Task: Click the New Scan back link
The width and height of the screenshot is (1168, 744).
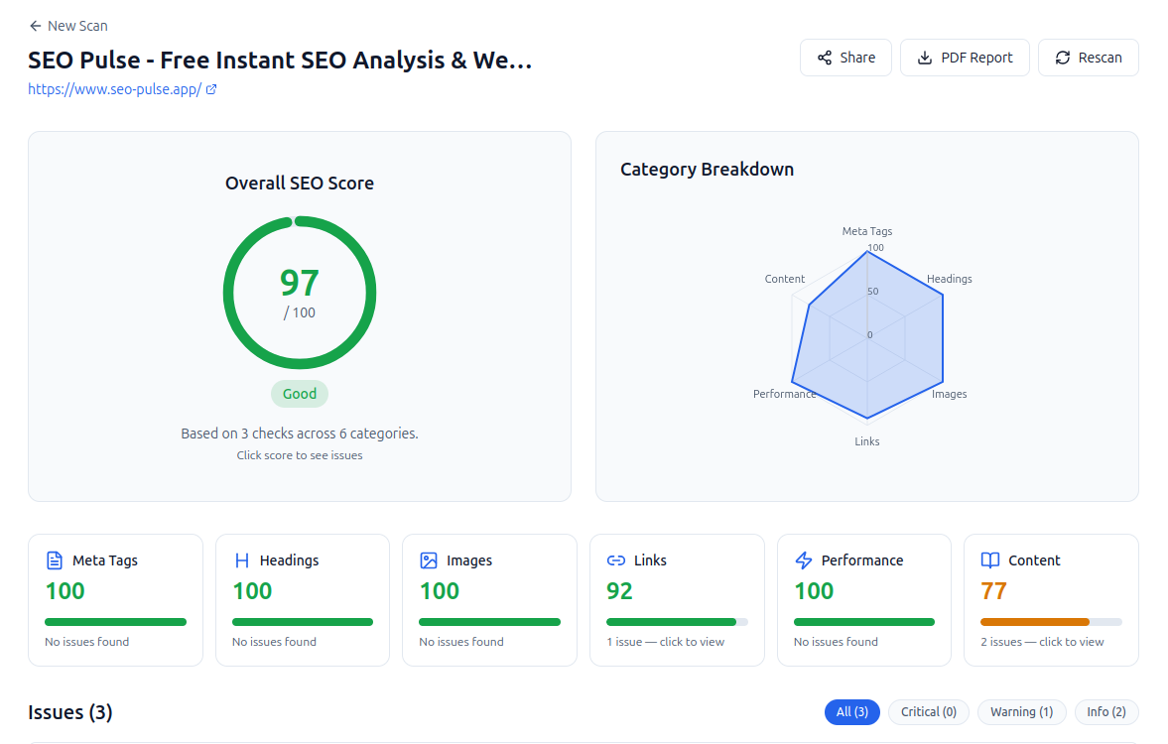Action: tap(68, 26)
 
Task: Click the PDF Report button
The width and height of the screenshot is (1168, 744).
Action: tap(965, 58)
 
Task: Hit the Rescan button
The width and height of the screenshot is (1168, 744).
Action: tap(1088, 58)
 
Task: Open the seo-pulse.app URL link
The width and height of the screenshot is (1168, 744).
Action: tap(115, 89)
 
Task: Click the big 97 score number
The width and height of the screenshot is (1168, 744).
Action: tap(300, 283)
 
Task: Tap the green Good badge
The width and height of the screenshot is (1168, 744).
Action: tap(300, 394)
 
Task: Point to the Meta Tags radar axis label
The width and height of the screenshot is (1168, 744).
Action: tap(867, 231)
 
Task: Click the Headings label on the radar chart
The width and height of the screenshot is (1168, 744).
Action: tap(950, 279)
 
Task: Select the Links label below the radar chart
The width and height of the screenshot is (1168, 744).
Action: tap(867, 441)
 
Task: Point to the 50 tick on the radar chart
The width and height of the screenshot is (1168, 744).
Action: tap(872, 292)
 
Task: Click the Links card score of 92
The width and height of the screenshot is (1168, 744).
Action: tap(619, 591)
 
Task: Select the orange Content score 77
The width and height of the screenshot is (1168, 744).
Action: tap(993, 591)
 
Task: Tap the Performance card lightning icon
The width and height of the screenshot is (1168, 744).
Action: tap(804, 560)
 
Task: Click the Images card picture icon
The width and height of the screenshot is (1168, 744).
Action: tap(429, 560)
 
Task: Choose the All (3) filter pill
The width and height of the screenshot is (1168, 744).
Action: tap(852, 712)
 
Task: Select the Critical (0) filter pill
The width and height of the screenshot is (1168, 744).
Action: tap(929, 712)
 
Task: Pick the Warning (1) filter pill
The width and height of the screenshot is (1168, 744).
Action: tap(1022, 712)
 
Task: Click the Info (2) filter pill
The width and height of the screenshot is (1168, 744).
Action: tap(1106, 712)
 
